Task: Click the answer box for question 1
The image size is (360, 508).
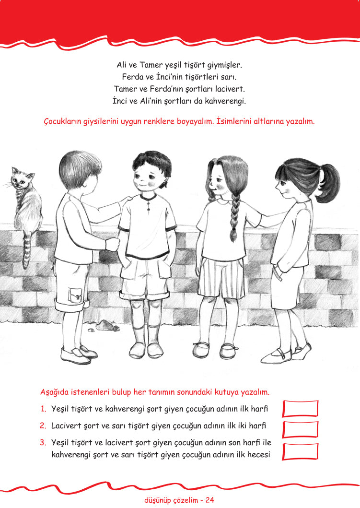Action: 301,409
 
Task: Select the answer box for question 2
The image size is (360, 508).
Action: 301,430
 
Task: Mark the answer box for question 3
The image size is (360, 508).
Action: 301,451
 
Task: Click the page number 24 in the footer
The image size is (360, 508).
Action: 210,500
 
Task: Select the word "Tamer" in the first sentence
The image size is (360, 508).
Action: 151,65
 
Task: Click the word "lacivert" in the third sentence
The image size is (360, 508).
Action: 230,88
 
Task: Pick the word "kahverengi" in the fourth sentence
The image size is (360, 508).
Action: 225,101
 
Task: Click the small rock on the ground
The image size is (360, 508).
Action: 107,325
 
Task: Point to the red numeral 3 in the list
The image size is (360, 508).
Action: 43,442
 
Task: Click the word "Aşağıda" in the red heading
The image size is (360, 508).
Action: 54,392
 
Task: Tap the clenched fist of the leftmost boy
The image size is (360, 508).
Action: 113,244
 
